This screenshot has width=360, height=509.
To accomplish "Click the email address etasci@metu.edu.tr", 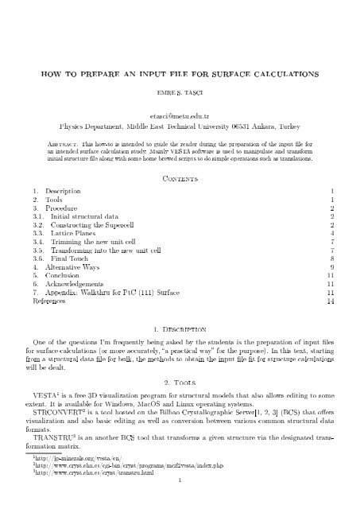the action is pos(180,114).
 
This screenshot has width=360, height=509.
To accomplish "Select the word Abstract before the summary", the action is pos(60,140).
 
